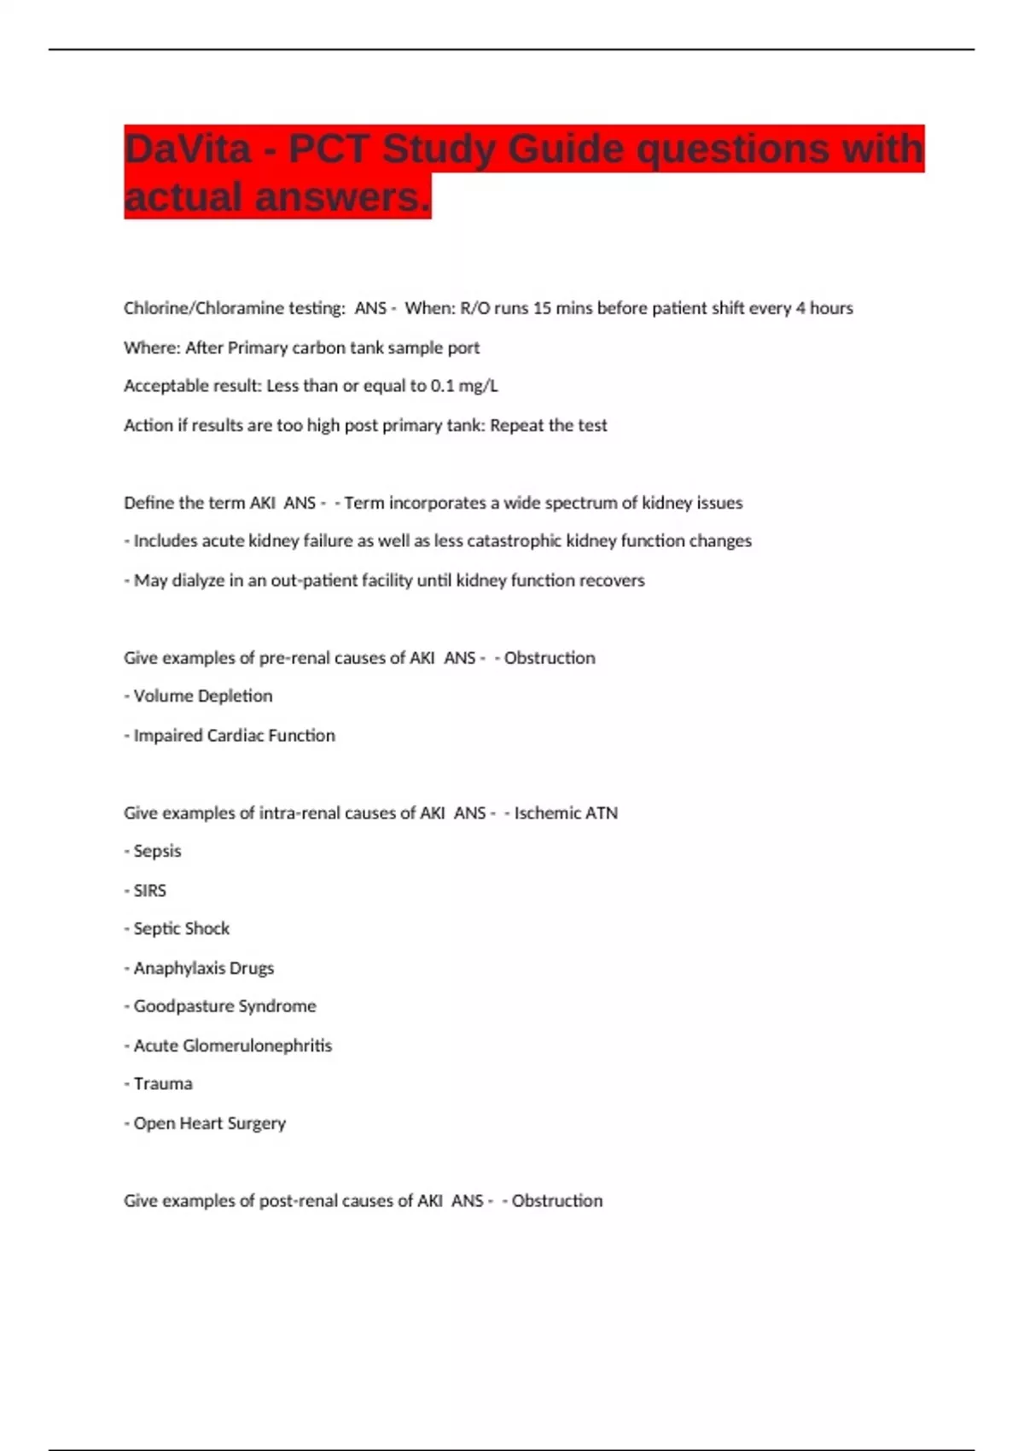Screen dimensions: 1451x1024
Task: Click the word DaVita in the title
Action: point(188,149)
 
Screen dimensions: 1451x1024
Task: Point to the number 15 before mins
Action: point(542,308)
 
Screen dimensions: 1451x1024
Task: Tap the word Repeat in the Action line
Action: point(519,425)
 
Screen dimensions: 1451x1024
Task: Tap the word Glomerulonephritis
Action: point(257,1046)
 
